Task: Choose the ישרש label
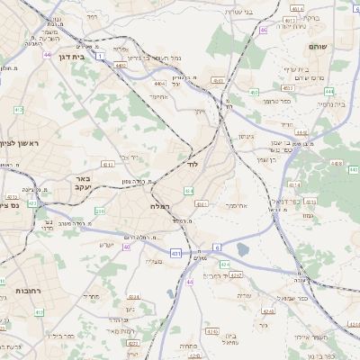[x=106, y=244]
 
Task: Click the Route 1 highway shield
[x=100, y=56]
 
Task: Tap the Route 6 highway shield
[x=217, y=247]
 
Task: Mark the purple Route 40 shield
[x=127, y=247]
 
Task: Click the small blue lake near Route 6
[x=242, y=250]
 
